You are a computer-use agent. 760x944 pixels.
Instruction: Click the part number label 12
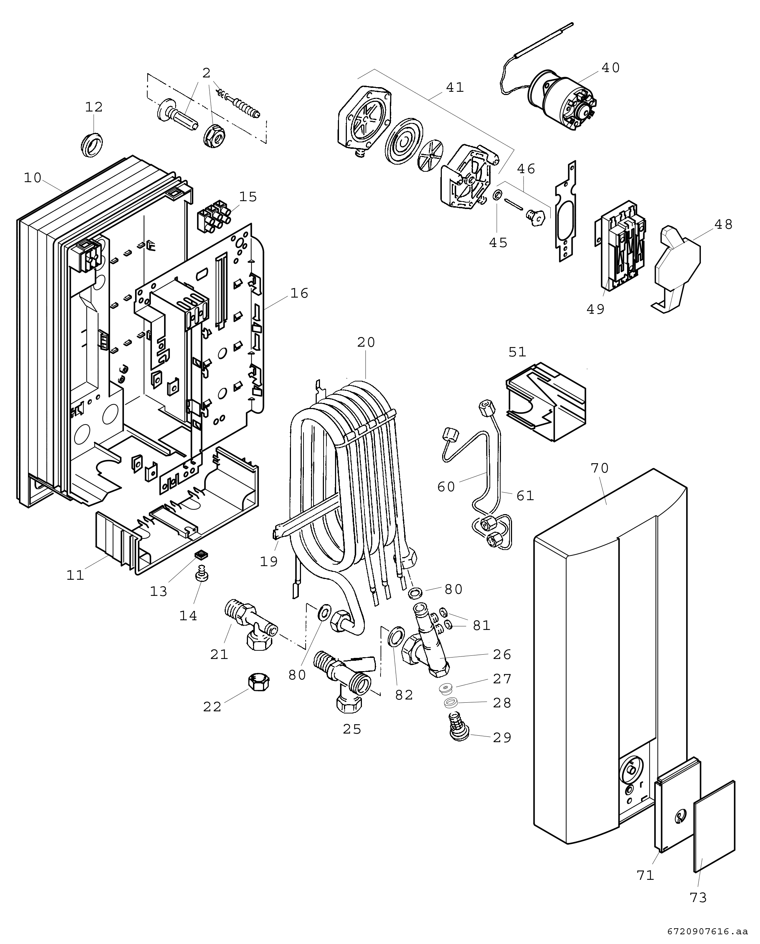tap(94, 107)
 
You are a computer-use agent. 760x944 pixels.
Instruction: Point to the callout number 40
tap(611, 68)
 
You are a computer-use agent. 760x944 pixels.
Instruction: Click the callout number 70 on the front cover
tap(600, 468)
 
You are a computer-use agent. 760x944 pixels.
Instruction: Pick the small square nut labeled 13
tap(201, 555)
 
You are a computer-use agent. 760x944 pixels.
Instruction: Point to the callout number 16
tap(300, 293)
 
